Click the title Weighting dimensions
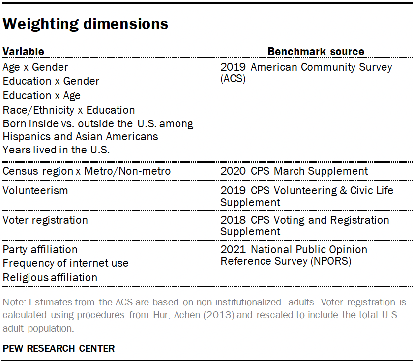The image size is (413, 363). [x=86, y=24]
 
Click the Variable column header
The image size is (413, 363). [x=23, y=52]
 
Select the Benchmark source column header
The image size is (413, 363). [x=316, y=52]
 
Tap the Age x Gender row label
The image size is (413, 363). [x=35, y=67]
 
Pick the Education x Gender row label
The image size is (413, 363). [x=51, y=81]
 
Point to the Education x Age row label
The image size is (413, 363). [x=42, y=95]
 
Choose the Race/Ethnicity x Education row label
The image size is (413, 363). [x=69, y=110]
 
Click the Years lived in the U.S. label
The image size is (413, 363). [x=56, y=150]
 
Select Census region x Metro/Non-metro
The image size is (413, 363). [x=87, y=171]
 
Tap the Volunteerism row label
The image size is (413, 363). [x=35, y=190]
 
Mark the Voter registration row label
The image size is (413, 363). [x=45, y=220]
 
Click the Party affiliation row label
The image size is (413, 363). [x=40, y=249]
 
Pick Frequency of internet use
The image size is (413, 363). [x=65, y=263]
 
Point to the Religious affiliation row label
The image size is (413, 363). [x=50, y=277]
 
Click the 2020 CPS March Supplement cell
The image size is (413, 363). [x=294, y=171]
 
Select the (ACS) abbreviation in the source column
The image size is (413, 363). [x=233, y=79]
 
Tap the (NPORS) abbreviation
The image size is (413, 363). [x=330, y=261]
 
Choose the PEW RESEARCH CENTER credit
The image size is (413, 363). [x=59, y=348]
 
